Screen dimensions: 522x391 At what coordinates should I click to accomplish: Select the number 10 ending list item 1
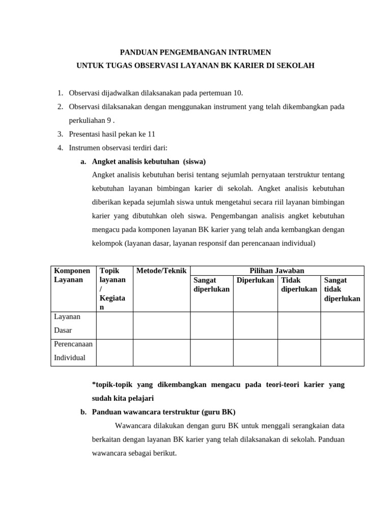point(238,93)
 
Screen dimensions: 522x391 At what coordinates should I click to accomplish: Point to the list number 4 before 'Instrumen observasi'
point(60,148)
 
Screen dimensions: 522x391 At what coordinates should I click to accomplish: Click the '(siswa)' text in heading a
point(194,162)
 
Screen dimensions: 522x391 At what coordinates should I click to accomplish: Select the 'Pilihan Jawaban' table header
point(277,271)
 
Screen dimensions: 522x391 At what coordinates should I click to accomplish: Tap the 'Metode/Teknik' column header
point(161,271)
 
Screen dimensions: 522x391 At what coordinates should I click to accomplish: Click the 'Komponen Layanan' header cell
point(72,275)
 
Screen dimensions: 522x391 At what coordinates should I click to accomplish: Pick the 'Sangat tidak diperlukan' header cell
point(342,289)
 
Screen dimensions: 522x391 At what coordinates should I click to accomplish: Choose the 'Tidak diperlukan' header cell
point(298,284)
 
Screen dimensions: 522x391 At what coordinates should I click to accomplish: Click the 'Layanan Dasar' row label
point(67,324)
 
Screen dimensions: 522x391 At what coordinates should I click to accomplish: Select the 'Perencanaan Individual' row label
point(73,351)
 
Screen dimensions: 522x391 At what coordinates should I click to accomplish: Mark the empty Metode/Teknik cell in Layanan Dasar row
point(161,325)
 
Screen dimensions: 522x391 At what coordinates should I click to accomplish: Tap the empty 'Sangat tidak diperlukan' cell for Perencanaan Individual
point(342,352)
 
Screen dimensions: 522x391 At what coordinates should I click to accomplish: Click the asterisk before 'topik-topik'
point(94,385)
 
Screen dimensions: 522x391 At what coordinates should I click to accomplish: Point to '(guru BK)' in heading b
point(218,412)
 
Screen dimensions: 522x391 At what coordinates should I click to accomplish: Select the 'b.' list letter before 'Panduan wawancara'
point(83,412)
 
